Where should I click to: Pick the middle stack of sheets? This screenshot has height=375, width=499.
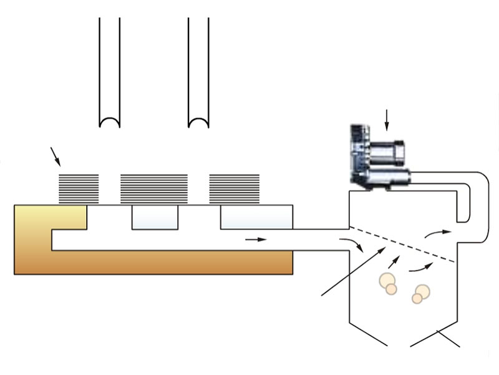[x=153, y=188]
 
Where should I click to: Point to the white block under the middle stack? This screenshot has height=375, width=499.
[x=155, y=216]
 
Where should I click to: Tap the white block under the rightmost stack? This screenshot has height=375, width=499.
[x=257, y=216]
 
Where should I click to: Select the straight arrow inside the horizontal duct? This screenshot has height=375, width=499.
[x=256, y=239]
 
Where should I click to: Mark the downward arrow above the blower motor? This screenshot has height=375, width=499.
[x=387, y=120]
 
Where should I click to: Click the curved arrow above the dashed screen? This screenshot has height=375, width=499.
[x=437, y=232]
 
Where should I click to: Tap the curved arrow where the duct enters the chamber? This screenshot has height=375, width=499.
[x=352, y=244]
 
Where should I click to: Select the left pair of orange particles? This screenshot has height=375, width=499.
[x=387, y=284]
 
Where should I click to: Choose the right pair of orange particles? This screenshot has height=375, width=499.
[x=421, y=293]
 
